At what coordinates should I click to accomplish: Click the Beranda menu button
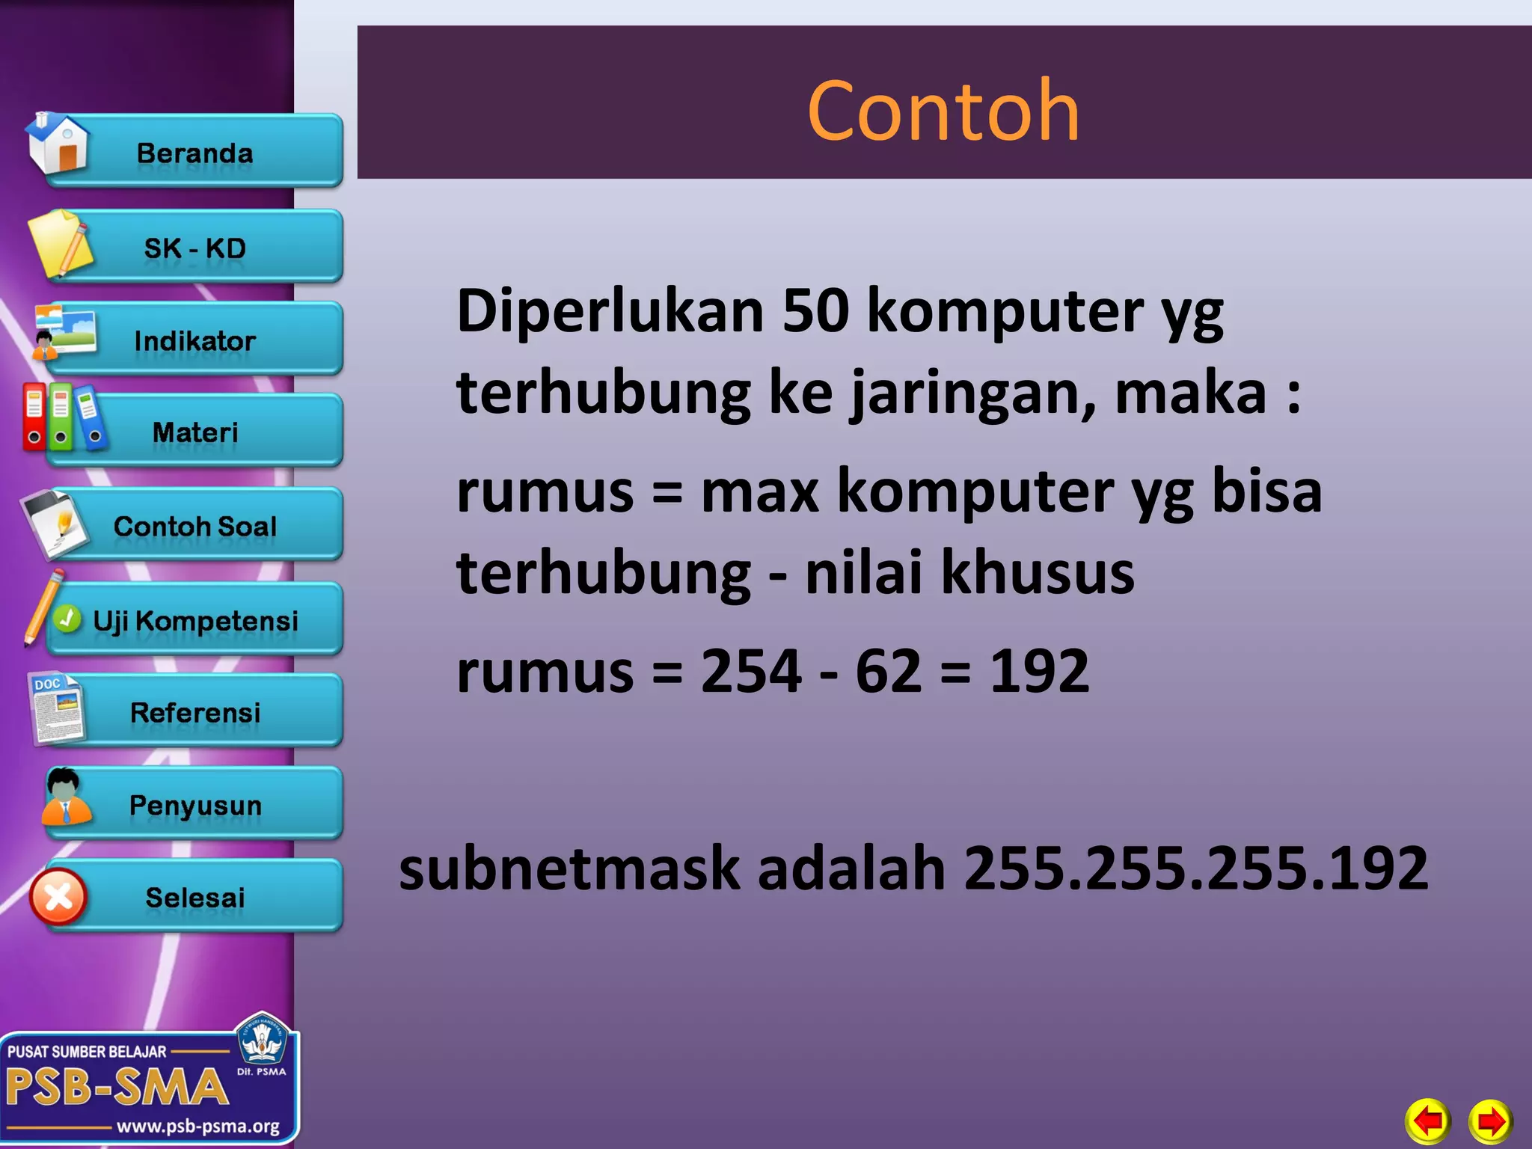[194, 153]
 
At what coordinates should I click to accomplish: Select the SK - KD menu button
[194, 248]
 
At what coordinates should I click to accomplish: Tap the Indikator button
[194, 341]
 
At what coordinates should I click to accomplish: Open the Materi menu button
[194, 432]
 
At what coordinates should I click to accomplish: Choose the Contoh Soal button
[194, 526]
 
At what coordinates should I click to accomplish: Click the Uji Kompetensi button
[194, 620]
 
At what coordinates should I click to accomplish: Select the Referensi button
[194, 712]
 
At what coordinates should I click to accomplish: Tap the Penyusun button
[194, 805]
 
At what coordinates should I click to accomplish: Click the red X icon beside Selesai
[58, 897]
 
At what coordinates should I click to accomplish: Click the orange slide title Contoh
[943, 111]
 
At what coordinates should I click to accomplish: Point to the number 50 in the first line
[815, 310]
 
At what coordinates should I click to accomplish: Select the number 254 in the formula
[751, 671]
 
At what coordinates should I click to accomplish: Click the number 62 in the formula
[888, 671]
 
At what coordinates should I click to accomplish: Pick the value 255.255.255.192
[1195, 868]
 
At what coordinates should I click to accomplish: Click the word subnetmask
[571, 868]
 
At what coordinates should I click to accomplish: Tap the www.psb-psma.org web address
[197, 1127]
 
